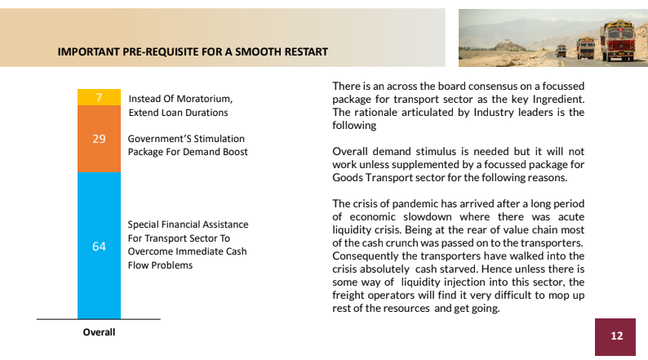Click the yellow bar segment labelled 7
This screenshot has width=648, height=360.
point(99,96)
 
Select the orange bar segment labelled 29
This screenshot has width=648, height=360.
point(99,139)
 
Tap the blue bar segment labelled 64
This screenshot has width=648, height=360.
point(99,246)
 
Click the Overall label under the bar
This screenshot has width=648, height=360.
point(99,332)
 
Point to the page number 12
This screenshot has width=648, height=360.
point(616,336)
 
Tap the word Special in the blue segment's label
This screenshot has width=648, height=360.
point(144,224)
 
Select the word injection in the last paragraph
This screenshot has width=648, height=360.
point(454,282)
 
